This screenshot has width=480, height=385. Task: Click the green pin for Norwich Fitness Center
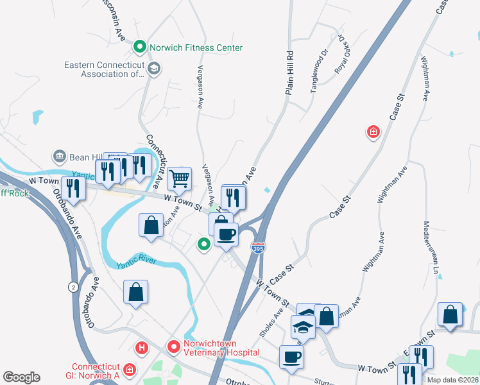click(139, 47)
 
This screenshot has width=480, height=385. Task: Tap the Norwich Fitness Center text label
click(196, 47)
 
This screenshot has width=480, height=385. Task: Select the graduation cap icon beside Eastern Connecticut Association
click(153, 69)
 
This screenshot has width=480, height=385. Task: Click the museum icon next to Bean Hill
click(59, 156)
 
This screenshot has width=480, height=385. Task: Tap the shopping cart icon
click(180, 178)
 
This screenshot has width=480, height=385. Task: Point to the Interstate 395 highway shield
click(257, 247)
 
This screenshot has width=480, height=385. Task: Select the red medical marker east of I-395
click(372, 133)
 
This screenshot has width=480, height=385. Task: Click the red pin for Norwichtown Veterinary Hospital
click(173, 347)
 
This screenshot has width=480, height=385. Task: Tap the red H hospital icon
click(142, 348)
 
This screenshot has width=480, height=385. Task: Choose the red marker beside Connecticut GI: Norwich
click(130, 370)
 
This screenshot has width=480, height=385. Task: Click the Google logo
click(21, 377)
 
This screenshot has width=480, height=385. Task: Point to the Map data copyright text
click(452, 379)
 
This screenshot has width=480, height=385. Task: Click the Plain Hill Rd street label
click(289, 74)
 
